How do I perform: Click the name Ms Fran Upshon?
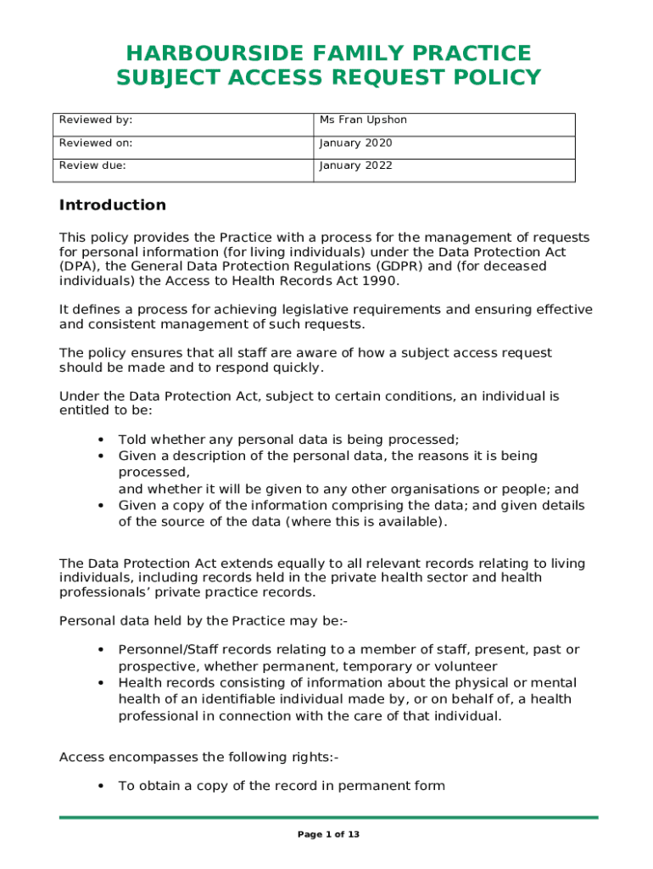click(x=363, y=121)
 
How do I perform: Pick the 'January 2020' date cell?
click(x=355, y=143)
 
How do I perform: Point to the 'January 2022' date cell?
click(x=355, y=165)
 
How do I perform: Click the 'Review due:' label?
click(x=92, y=165)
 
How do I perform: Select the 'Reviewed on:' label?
click(x=95, y=143)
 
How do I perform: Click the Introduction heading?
click(x=112, y=205)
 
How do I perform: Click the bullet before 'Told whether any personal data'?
click(x=101, y=440)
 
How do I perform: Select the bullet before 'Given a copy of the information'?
click(x=101, y=506)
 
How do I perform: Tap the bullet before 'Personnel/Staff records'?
click(x=101, y=650)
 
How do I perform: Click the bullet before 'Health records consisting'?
click(x=101, y=683)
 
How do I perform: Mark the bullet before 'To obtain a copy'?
click(x=101, y=787)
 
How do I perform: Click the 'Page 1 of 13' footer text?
click(x=328, y=835)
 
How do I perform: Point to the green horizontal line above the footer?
click(x=328, y=817)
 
